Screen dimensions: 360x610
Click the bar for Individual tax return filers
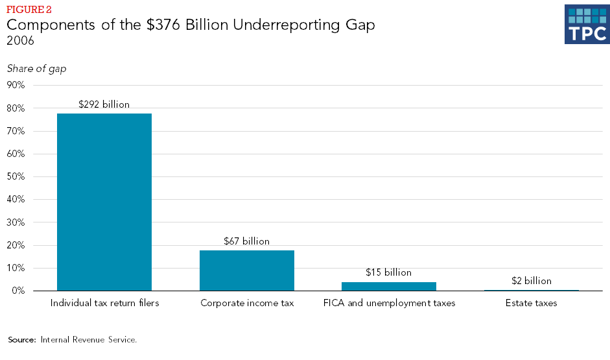104,202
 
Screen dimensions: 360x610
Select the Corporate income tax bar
247,270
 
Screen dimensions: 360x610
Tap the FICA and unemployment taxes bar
389,286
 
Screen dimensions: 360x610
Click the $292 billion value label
104,104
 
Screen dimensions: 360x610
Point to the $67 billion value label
246,241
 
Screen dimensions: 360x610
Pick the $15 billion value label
389,272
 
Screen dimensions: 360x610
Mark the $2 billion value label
531,281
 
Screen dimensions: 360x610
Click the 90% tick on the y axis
16,85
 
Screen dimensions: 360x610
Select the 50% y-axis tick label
16,176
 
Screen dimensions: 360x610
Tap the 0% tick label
18,291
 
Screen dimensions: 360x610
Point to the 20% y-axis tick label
16,245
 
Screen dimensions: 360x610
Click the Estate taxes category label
531,303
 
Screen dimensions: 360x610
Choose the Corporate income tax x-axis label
246,303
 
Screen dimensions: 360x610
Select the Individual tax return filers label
104,303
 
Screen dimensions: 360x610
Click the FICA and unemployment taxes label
389,303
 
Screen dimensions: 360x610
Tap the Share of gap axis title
36,69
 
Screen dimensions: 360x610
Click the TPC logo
587,25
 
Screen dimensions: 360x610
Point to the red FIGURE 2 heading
29,10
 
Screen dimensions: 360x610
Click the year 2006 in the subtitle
20,41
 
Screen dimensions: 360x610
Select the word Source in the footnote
22,339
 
